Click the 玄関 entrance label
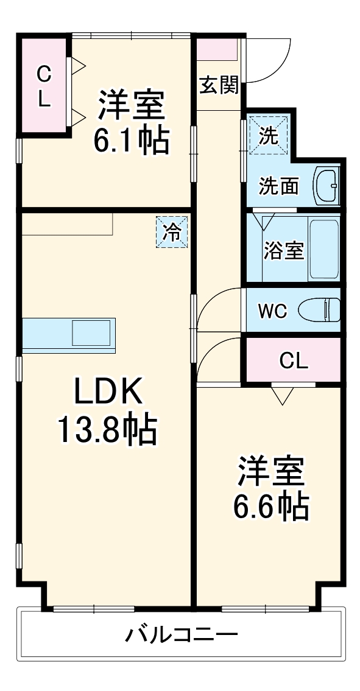point(218,86)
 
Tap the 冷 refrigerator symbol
point(172,232)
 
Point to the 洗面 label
point(278,186)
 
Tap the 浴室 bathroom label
point(283,250)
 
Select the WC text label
point(272,311)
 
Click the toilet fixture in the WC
point(320,310)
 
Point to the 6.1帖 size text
point(131,141)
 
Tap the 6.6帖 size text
point(270,505)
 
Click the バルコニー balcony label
point(182,636)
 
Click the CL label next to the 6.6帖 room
point(294,361)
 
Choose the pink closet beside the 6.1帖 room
point(44,86)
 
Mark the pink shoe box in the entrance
point(216,49)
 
